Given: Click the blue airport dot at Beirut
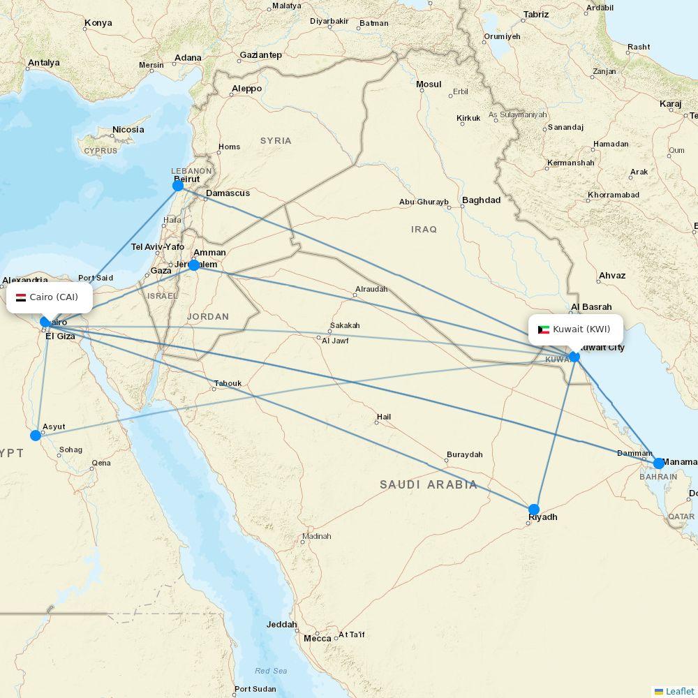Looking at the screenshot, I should [178, 185].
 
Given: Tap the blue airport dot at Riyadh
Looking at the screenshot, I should [534, 510].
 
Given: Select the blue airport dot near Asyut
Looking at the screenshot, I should [36, 436].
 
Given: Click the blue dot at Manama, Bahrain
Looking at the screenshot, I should [659, 463].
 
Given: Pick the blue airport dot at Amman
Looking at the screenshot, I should [194, 265].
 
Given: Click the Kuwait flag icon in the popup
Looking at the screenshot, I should [544, 329].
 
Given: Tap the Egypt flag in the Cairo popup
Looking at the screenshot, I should [21, 297].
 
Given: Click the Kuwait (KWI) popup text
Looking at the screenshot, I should [581, 329].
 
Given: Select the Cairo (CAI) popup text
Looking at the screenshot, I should [54, 297].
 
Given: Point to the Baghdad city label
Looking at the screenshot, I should [482, 200].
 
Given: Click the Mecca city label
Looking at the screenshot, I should [318, 638].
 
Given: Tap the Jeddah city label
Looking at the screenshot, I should [282, 625].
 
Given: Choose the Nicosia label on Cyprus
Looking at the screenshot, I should [128, 129].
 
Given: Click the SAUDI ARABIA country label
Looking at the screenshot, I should [429, 484].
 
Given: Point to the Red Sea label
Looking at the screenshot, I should [271, 671].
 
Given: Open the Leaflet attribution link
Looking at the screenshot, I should [679, 691].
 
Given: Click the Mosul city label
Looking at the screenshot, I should [429, 84].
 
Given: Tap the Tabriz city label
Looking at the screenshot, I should [535, 14].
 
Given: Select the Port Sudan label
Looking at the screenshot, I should [255, 689].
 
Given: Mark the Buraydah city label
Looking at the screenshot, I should [465, 454].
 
